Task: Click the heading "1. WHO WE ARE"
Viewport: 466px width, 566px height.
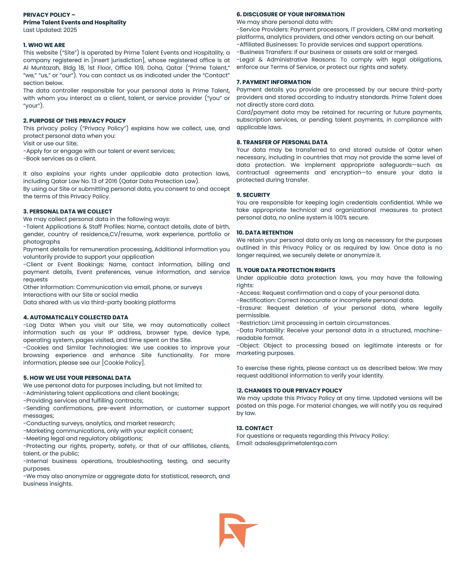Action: point(44,45)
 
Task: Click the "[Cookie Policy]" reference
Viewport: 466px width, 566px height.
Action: point(123,363)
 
